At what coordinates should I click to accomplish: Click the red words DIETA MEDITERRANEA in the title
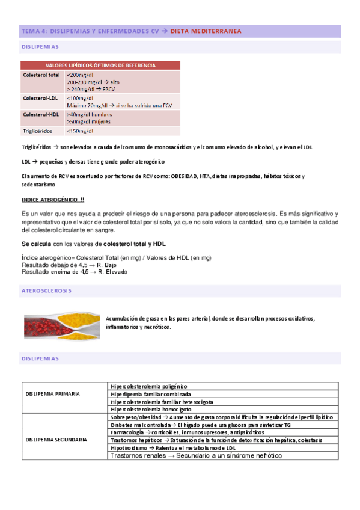point(206,31)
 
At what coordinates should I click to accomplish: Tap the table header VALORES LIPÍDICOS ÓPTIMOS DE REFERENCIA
point(100,65)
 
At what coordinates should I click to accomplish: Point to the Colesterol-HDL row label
point(41,114)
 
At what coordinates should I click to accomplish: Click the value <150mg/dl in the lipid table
point(80,131)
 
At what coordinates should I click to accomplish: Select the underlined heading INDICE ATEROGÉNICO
point(53,200)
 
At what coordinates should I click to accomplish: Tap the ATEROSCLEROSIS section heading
point(46,290)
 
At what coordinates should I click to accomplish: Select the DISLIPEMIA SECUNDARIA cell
point(55,440)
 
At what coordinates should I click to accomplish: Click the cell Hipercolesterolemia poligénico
point(149,386)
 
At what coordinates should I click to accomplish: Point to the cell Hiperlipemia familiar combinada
point(151,394)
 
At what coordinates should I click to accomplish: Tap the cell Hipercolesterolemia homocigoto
point(150,409)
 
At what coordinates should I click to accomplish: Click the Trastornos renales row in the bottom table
point(195,456)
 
